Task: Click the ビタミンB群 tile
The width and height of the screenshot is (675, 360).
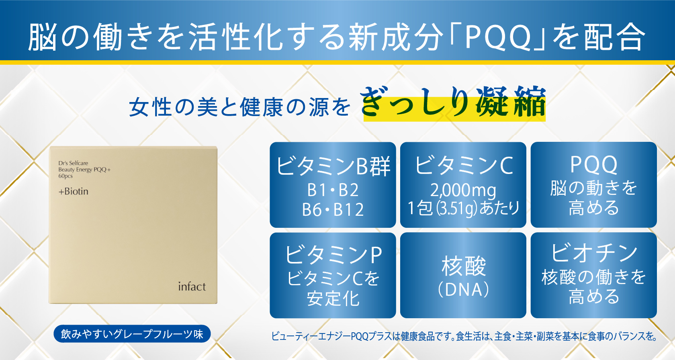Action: [333, 185]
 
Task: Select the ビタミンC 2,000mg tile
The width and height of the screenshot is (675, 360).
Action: [463, 185]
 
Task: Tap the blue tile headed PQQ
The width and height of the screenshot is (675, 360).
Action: [594, 185]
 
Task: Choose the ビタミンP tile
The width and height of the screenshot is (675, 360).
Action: [333, 275]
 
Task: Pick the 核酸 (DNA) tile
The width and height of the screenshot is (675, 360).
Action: [463, 275]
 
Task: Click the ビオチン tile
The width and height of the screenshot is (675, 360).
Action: [594, 275]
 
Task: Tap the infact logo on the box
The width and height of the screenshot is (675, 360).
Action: [192, 286]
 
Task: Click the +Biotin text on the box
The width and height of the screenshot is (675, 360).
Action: [73, 191]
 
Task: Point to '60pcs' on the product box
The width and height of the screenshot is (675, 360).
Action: [65, 176]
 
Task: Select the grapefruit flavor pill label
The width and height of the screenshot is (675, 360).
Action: [132, 334]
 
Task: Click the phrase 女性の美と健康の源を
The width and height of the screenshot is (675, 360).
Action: [240, 107]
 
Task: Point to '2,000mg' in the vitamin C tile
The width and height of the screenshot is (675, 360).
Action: [463, 190]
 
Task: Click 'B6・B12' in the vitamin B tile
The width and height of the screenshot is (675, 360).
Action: [333, 210]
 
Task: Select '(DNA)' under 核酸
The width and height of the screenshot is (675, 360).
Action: [463, 290]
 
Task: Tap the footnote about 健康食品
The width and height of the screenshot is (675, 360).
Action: [464, 336]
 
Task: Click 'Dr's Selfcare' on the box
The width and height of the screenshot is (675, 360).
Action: [73, 163]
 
